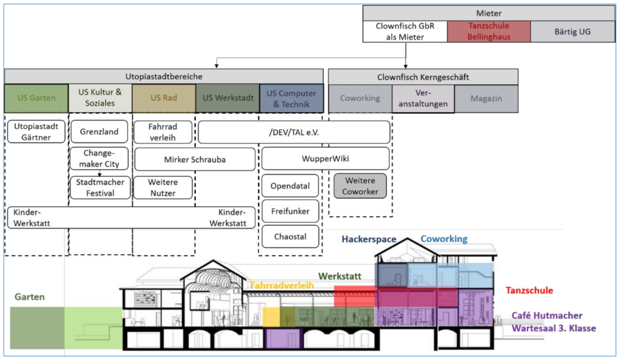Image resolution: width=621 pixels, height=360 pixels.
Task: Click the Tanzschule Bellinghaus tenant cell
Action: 489,32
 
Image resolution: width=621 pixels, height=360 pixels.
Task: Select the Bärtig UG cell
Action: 572,32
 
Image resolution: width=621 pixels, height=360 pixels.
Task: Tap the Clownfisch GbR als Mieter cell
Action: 405,32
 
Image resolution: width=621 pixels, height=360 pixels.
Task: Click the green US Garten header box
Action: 36,98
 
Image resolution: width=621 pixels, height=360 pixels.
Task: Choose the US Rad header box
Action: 164,98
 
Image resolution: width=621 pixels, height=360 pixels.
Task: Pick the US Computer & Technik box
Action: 291,98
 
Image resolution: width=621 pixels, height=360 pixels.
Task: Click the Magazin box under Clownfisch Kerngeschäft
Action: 486,98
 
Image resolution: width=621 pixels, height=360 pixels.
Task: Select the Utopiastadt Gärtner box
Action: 37,132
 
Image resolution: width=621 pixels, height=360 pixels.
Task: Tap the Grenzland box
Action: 99,132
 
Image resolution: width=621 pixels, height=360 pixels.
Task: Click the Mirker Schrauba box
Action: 194,159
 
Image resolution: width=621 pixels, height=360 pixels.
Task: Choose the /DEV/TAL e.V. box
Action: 294,132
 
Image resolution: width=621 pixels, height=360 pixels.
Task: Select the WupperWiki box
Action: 325,159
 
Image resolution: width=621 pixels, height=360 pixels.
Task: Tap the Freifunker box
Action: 290,212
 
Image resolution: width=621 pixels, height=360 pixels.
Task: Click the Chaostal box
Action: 290,236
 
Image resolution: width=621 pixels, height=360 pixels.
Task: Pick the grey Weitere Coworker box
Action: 360,186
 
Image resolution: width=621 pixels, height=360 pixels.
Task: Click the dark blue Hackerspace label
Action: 369,239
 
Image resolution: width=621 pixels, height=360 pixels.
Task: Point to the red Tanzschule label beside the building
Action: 529,291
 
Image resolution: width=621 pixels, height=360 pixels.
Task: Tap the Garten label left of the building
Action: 30,297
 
